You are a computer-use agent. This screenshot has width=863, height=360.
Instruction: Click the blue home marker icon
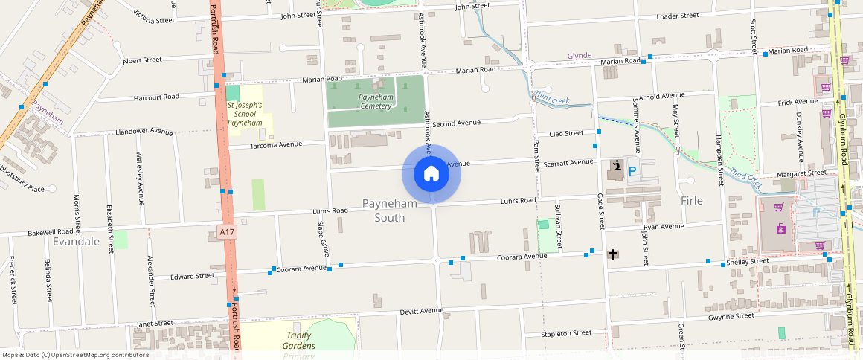(431, 174)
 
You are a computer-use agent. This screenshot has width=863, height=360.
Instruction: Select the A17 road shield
(228, 232)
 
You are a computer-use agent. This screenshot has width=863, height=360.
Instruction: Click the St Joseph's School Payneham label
(245, 114)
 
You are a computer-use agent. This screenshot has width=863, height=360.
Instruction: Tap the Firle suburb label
(692, 200)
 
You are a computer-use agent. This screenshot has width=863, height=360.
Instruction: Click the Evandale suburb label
(76, 242)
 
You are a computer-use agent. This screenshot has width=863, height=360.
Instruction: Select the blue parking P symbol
(632, 171)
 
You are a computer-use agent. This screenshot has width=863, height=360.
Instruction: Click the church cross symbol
(613, 254)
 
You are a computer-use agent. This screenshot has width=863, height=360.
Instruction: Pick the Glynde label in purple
(579, 56)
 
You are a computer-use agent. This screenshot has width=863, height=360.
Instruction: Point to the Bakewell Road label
(51, 232)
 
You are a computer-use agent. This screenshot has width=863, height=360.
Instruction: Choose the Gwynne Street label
(731, 316)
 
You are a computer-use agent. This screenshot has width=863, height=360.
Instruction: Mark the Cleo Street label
(566, 133)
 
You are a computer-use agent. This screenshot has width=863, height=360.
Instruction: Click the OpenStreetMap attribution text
(74, 355)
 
